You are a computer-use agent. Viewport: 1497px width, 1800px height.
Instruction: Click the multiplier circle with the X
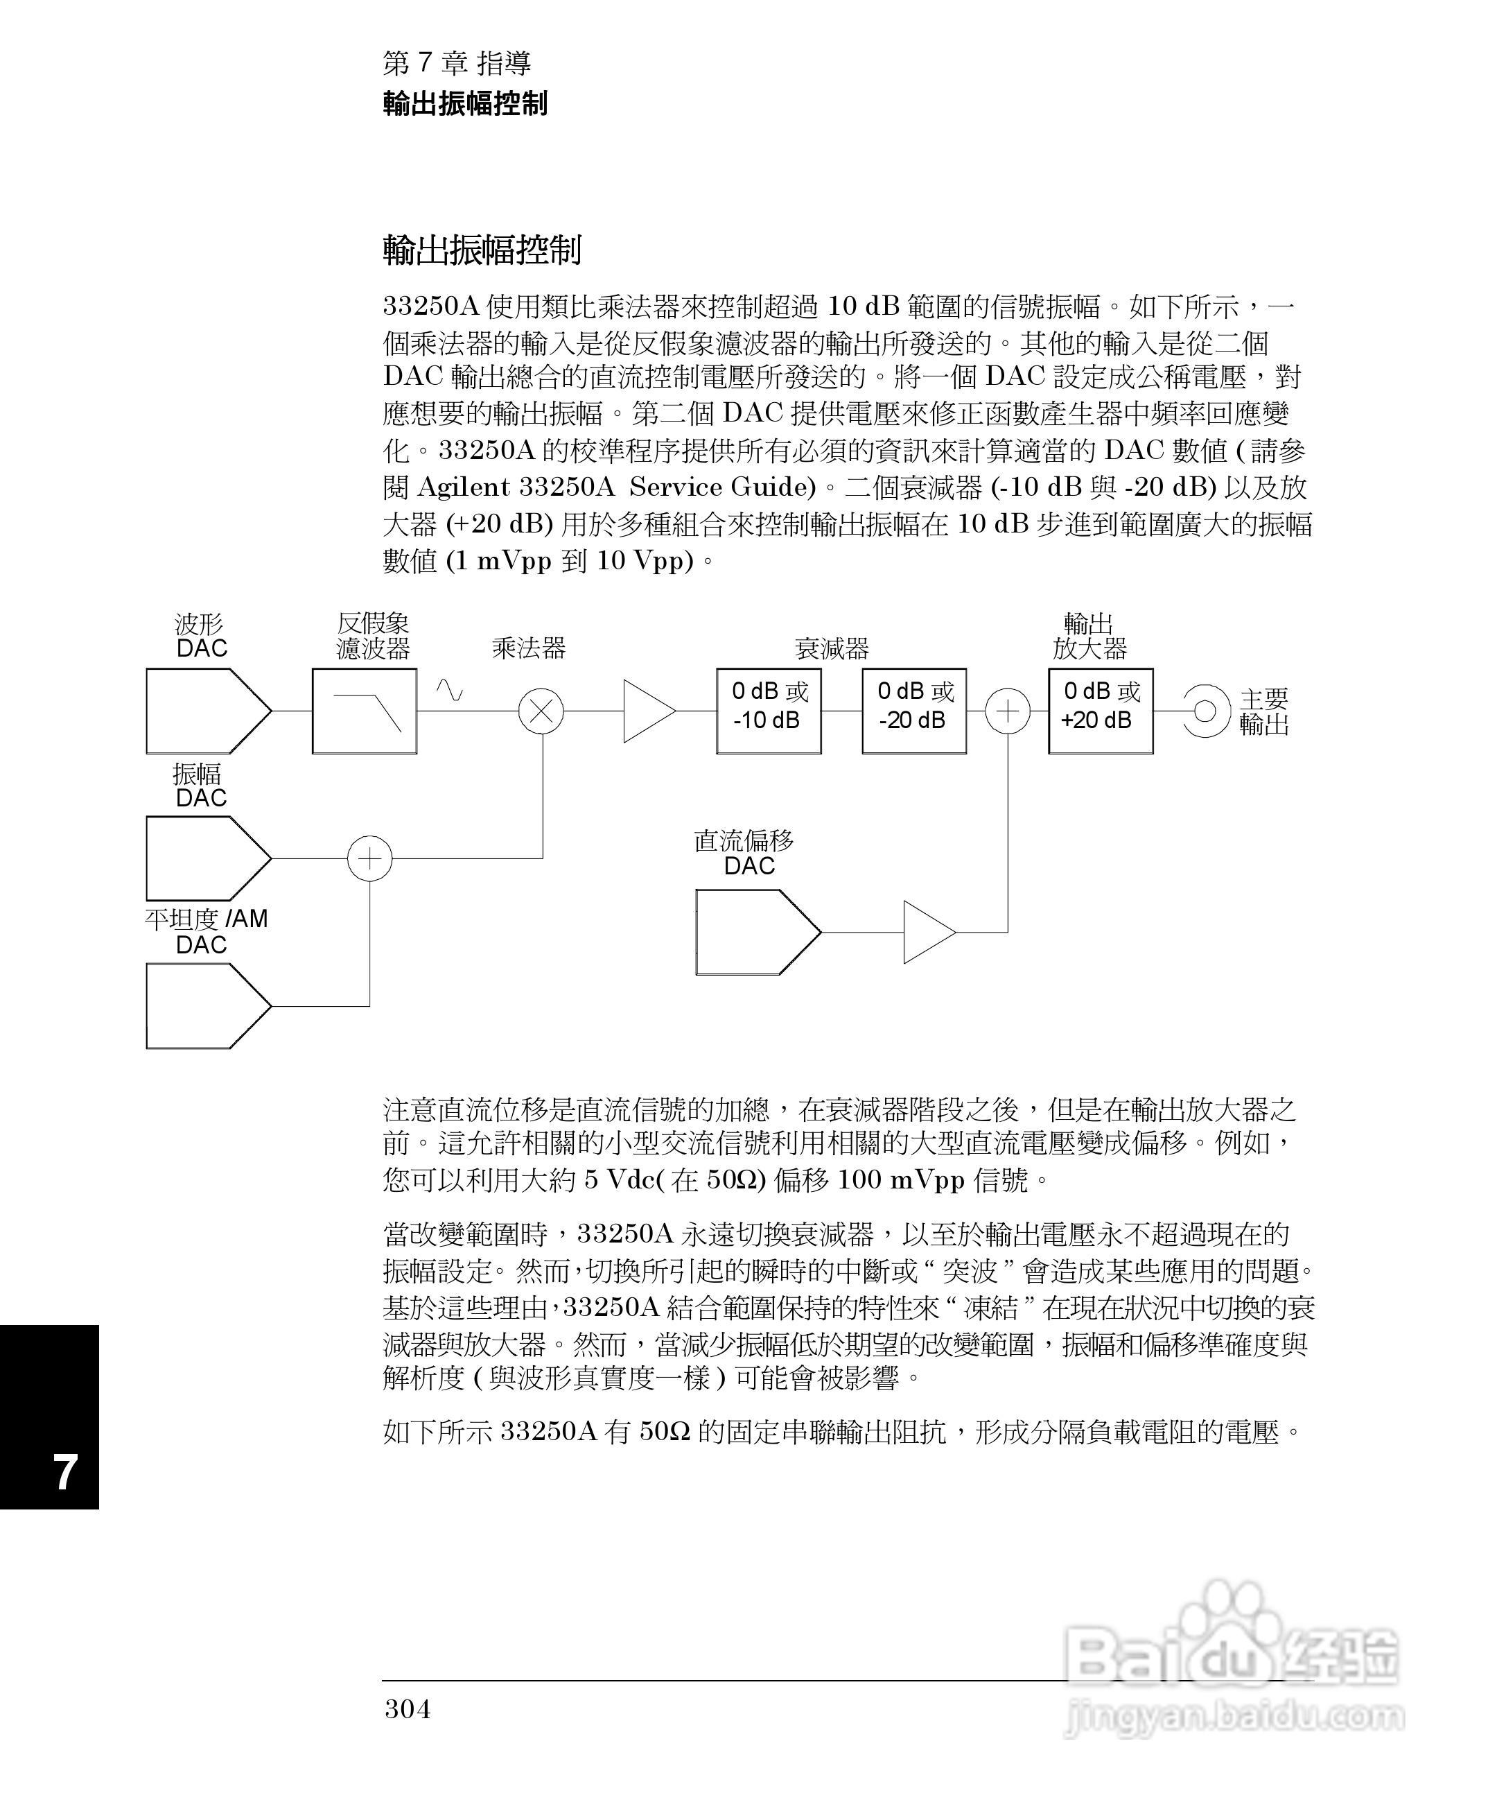click(541, 711)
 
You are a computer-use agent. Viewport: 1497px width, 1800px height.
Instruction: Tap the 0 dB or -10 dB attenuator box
click(769, 711)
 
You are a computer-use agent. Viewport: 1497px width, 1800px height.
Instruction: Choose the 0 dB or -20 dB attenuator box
click(913, 711)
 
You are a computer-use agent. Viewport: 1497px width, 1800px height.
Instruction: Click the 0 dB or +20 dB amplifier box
click(1101, 711)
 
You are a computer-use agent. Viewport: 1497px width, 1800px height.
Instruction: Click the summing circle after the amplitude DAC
click(369, 858)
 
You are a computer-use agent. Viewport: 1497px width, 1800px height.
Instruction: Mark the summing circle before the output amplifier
click(1008, 711)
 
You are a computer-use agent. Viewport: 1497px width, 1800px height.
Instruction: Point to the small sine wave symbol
click(449, 690)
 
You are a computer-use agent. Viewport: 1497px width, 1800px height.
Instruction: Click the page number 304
click(408, 1708)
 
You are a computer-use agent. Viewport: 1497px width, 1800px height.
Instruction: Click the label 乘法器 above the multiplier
click(529, 648)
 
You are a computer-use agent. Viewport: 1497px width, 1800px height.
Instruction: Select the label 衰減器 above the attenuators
click(831, 648)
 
